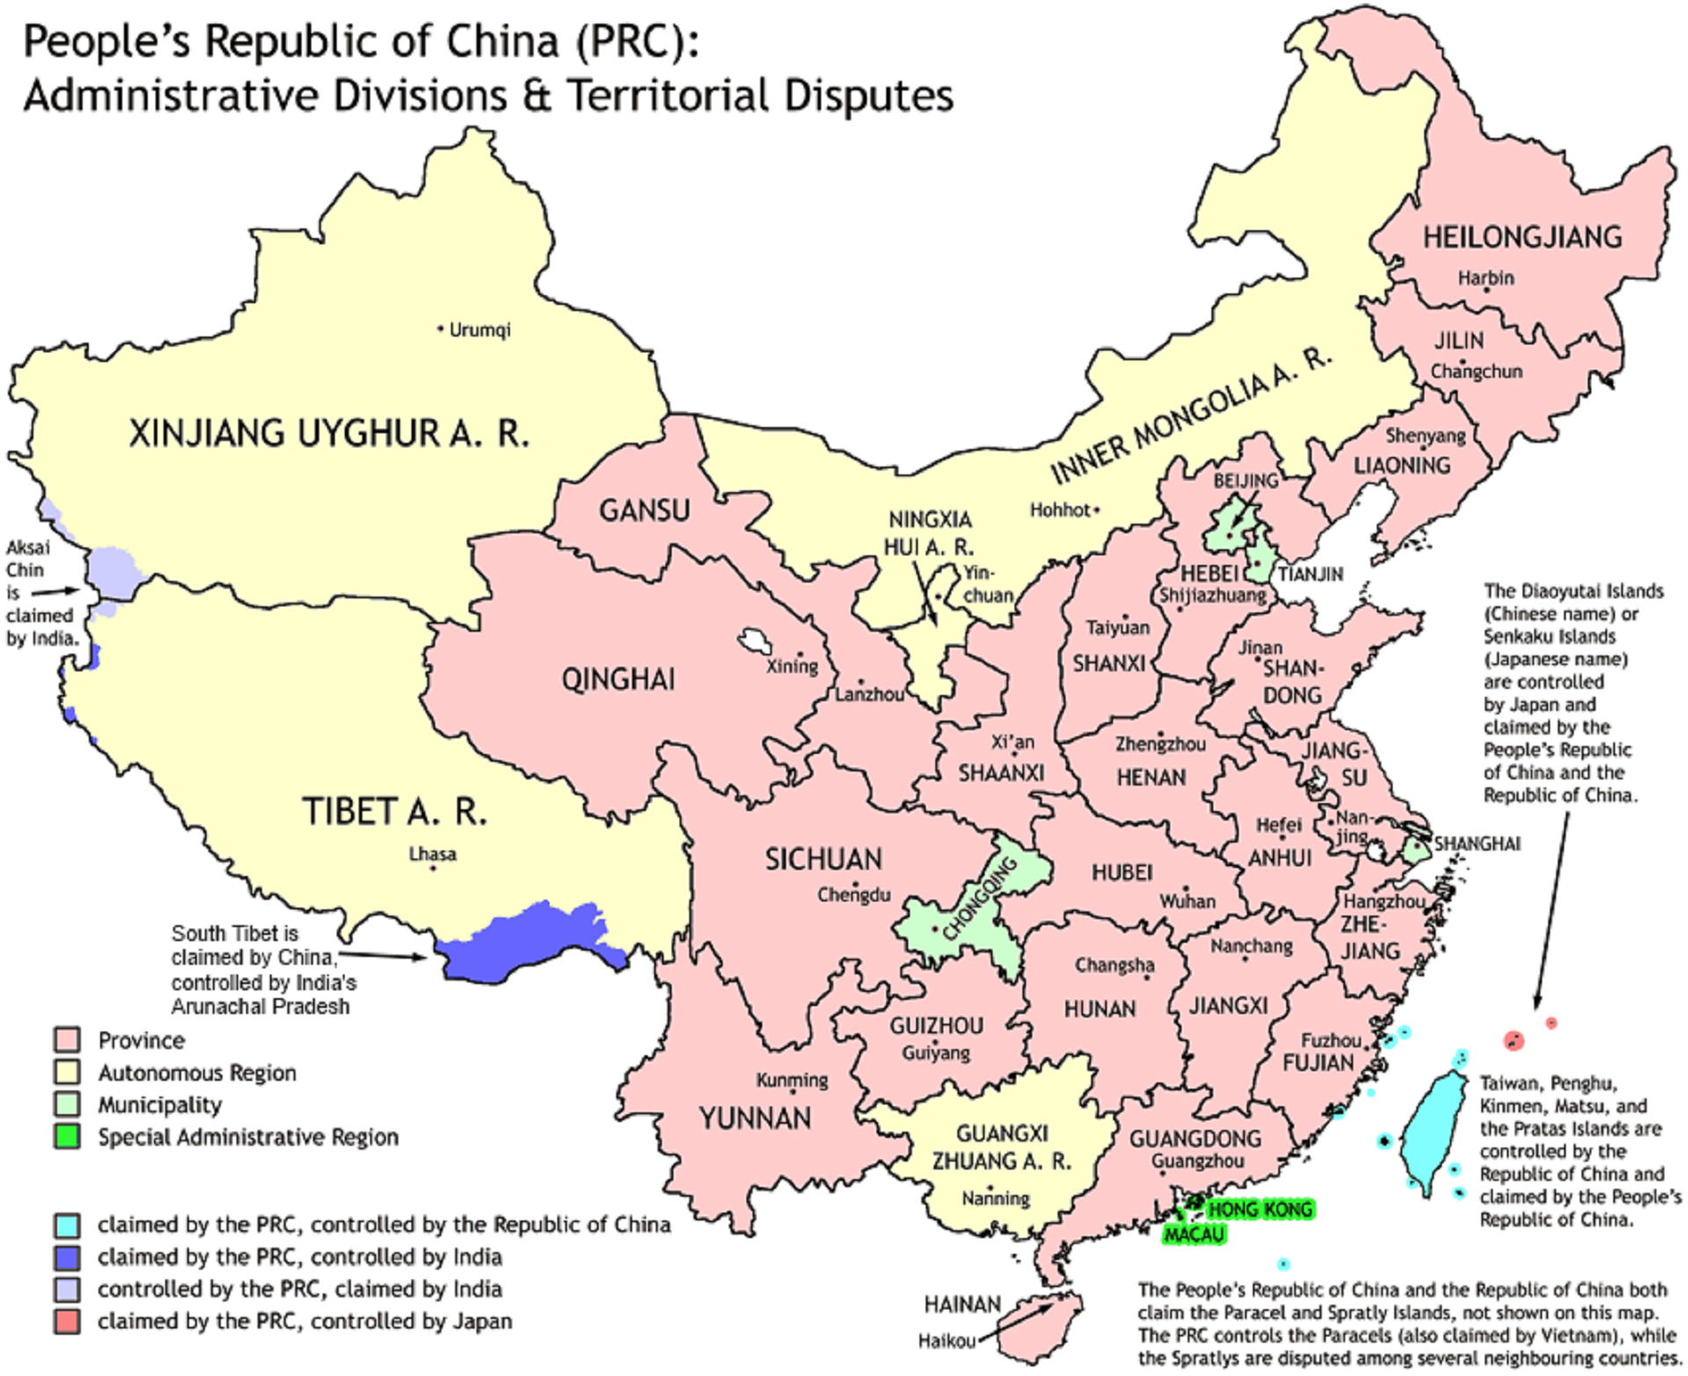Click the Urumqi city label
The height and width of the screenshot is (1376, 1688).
(x=479, y=330)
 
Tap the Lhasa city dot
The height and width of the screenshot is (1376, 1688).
(x=433, y=869)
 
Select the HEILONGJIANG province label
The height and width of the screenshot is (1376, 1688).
(x=1522, y=237)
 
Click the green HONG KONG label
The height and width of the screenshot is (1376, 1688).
(x=1260, y=1210)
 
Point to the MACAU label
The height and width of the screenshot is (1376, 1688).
(x=1194, y=1235)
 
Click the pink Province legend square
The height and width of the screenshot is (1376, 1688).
(x=67, y=1040)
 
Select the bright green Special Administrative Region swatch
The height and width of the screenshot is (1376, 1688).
(x=67, y=1137)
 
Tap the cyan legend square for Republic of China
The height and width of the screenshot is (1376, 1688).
(x=67, y=1225)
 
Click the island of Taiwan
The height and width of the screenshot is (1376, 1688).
(x=1431, y=1133)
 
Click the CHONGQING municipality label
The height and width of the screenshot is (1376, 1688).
(x=979, y=900)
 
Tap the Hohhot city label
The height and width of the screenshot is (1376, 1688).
(x=1059, y=511)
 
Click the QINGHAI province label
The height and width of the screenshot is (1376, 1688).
(x=618, y=680)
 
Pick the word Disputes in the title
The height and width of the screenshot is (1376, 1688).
(x=869, y=95)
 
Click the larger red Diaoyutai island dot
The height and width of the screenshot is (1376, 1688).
(x=1513, y=1041)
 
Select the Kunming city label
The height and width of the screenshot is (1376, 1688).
(x=791, y=1081)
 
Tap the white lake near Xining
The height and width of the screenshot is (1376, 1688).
(x=753, y=641)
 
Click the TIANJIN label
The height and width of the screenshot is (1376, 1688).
(x=1310, y=575)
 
